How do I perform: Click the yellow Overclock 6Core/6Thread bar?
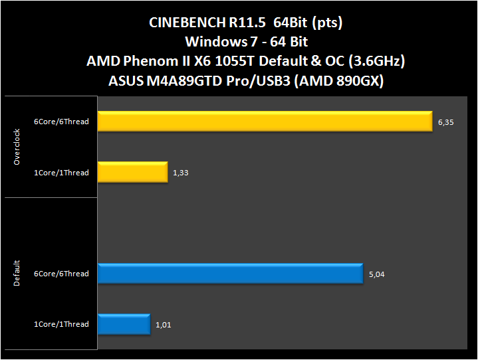265,122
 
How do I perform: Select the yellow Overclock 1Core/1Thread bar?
132,173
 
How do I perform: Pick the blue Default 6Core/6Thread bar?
230,274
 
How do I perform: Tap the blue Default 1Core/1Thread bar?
124,324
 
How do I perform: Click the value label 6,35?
445,122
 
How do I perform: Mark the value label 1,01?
163,325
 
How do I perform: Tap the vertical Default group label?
17,274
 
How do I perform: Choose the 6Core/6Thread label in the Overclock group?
61,122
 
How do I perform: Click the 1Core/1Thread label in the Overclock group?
61,173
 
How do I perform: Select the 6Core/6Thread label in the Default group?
61,274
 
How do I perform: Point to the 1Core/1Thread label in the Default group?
61,325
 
